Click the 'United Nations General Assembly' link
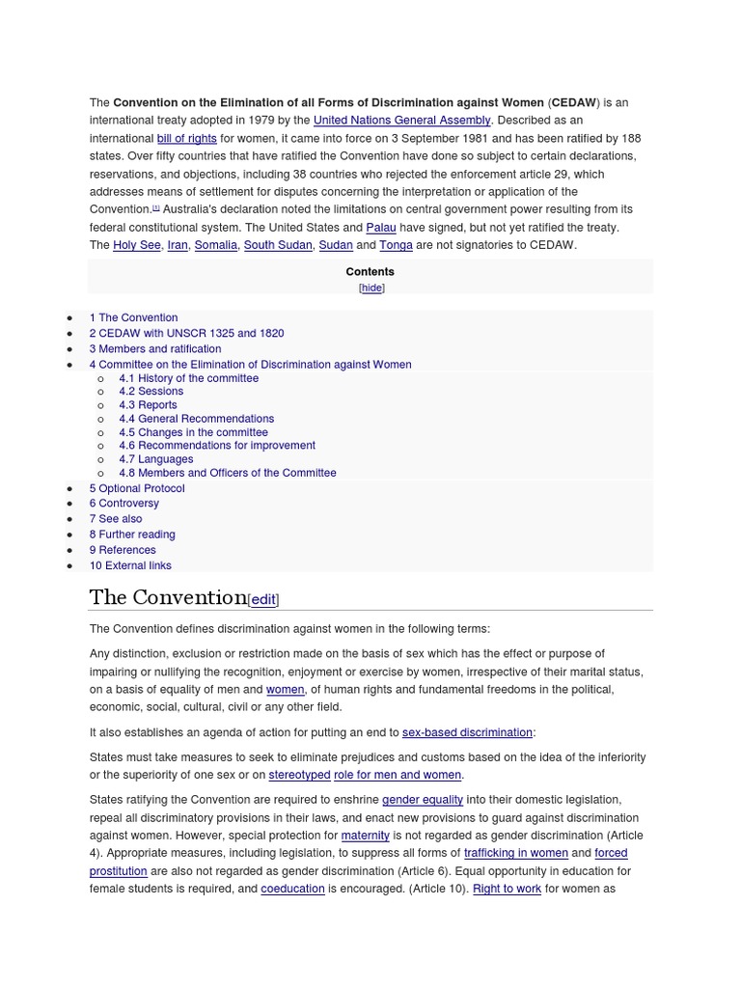click(402, 121)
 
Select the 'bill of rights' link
click(186, 139)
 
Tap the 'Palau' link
click(380, 228)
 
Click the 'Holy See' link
click(137, 245)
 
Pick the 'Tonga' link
click(396, 245)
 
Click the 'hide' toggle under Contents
click(371, 288)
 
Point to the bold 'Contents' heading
click(370, 272)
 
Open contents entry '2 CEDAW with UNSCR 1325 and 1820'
click(186, 333)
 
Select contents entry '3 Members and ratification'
click(155, 348)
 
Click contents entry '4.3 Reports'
click(148, 405)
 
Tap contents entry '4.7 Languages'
click(155, 459)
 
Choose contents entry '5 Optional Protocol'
click(137, 488)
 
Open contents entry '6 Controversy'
click(124, 503)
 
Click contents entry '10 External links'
click(130, 565)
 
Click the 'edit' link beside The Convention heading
click(263, 599)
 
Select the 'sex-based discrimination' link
click(467, 732)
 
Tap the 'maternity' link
click(365, 836)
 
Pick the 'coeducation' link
click(292, 889)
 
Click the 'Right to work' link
click(507, 889)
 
